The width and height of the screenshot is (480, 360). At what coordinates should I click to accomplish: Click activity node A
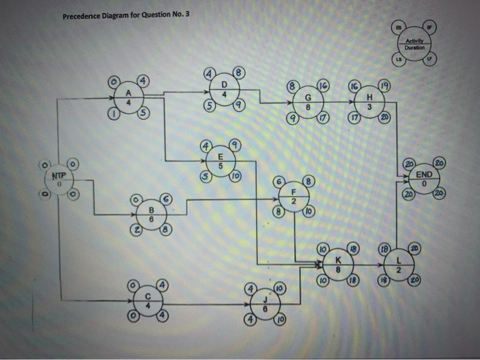coord(128,97)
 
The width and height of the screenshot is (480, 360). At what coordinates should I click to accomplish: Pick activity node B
coord(150,213)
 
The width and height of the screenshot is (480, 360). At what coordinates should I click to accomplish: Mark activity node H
coord(370,103)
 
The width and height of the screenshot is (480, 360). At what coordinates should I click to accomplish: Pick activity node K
coord(337,264)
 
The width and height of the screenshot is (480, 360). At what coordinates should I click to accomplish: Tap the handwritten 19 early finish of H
coord(385,86)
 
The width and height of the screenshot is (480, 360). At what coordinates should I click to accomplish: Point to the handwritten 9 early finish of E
coord(236,146)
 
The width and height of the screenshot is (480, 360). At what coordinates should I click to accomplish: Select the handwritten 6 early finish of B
coord(165,197)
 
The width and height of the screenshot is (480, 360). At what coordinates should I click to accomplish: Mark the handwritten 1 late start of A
coord(114,114)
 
